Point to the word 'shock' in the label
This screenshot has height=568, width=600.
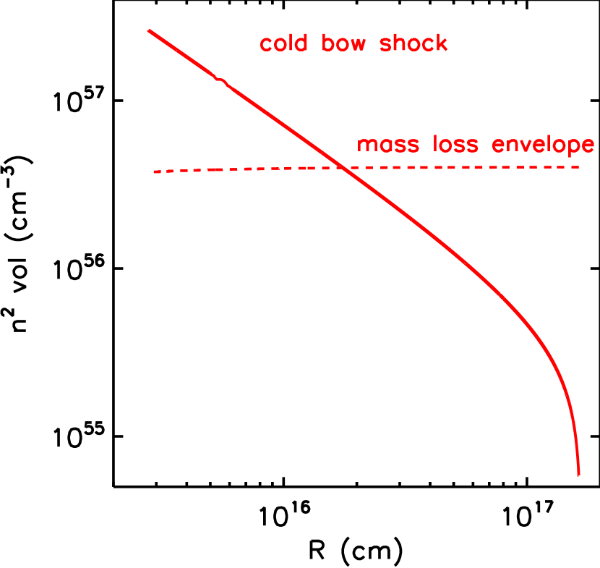click(414, 43)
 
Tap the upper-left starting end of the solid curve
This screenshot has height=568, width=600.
click(149, 31)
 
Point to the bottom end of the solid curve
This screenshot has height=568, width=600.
click(578, 475)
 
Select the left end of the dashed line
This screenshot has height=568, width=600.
click(155, 171)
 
